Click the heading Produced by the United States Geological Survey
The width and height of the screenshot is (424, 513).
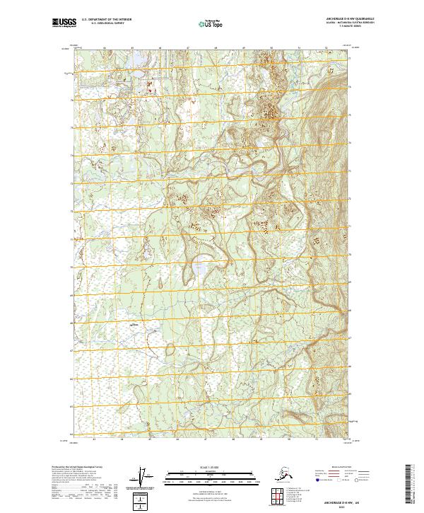(x=78, y=468)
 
